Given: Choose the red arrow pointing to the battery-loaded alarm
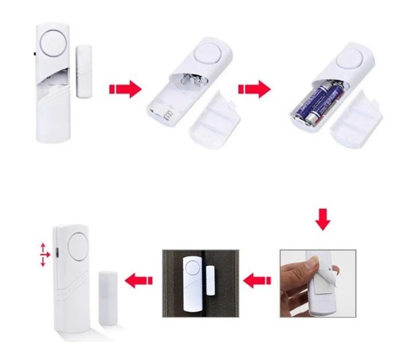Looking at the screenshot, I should click(254, 89).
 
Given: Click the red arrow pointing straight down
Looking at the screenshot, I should click(323, 220).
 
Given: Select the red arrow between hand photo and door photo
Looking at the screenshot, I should click(257, 281).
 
